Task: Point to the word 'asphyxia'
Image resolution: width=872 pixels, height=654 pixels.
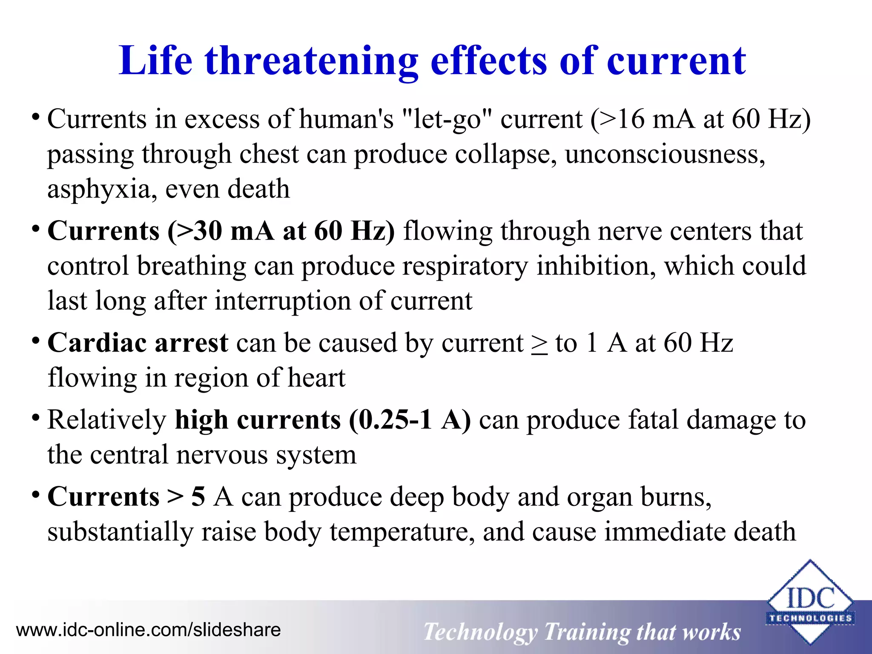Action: coord(98,189)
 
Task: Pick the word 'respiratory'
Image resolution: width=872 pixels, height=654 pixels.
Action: coord(465,266)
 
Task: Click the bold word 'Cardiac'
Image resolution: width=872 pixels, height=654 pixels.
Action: coord(97,343)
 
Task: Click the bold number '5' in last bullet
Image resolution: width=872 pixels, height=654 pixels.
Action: coord(198,497)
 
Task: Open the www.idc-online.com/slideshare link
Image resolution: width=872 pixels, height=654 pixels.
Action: coord(148,630)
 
